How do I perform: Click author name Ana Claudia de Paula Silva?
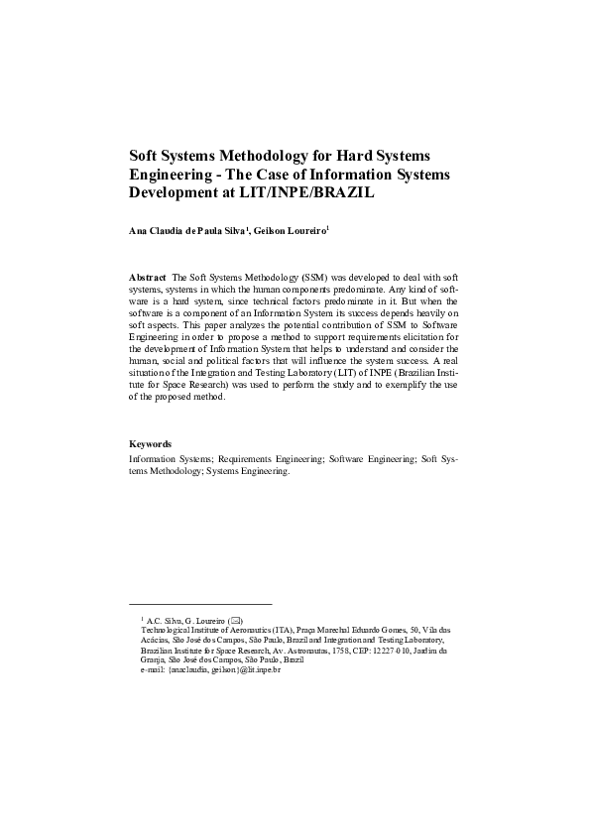click(x=187, y=231)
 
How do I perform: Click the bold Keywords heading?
click(x=151, y=443)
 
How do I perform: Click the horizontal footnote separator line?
click(x=200, y=604)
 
